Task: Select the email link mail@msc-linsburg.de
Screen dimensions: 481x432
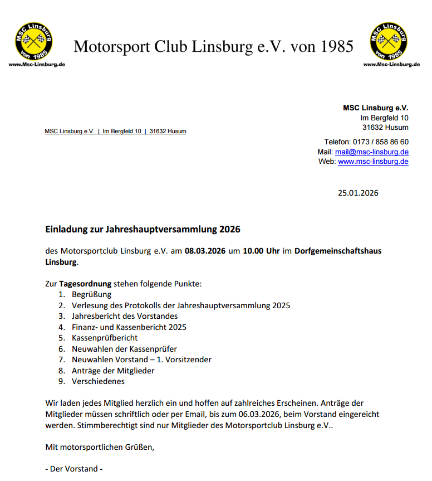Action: point(371,152)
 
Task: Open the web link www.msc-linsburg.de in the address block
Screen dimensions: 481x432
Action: point(373,162)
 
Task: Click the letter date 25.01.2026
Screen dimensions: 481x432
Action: point(358,193)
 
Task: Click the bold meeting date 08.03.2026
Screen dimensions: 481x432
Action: point(205,251)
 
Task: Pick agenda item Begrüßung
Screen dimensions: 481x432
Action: point(91,294)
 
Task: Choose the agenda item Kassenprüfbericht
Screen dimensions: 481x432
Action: point(105,338)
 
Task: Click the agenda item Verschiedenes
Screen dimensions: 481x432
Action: point(98,381)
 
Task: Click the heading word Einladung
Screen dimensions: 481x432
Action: point(66,229)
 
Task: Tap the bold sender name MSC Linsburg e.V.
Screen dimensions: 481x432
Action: point(375,108)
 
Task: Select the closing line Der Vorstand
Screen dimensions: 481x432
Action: point(74,469)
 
